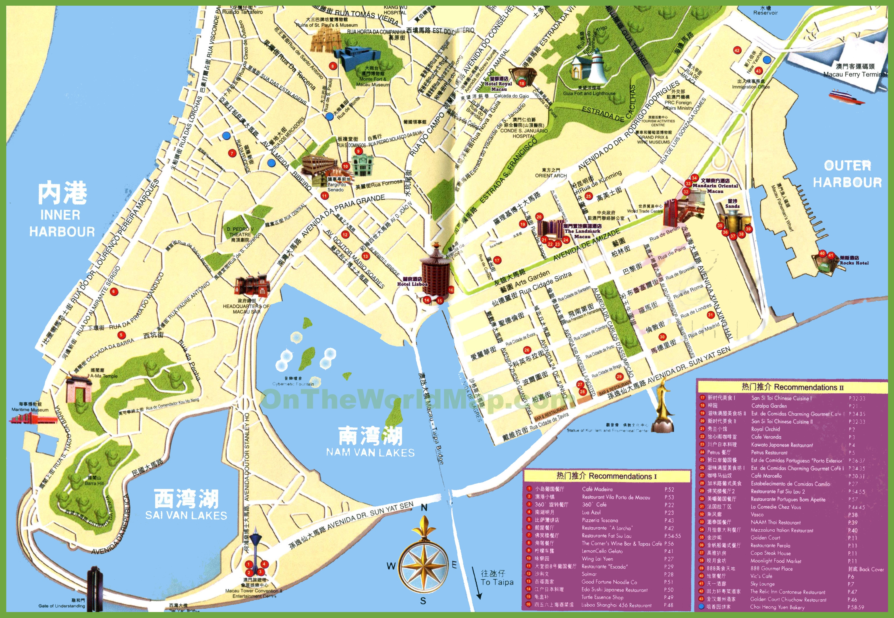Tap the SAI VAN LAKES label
tap(186, 515)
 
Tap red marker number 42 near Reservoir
tap(737, 50)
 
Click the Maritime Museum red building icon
tap(33, 418)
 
